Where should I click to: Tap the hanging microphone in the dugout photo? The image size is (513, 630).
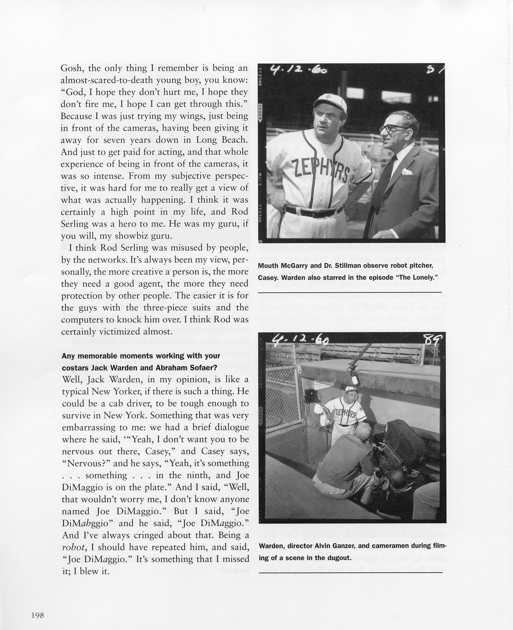click(354, 378)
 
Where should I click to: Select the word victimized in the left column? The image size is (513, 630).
click(124, 331)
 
